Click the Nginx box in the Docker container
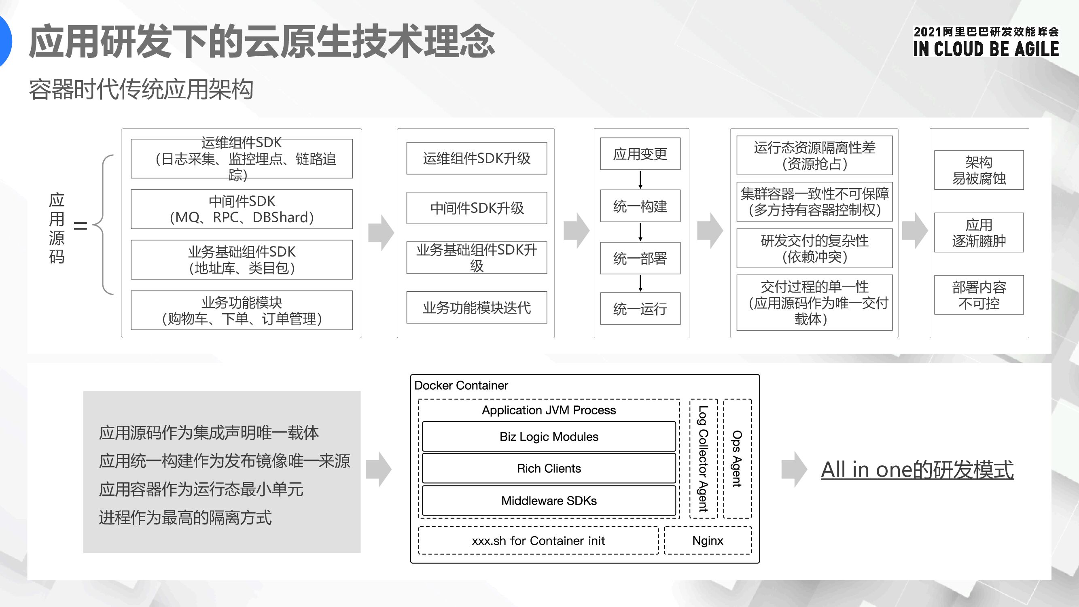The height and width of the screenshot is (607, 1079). click(x=708, y=540)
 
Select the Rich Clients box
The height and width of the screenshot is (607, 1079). click(x=549, y=468)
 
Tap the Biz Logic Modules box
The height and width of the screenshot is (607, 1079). click(x=549, y=437)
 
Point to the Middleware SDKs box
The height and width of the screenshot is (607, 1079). click(x=549, y=501)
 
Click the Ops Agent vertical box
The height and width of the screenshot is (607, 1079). click(x=737, y=459)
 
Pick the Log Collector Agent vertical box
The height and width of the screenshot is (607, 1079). click(x=704, y=459)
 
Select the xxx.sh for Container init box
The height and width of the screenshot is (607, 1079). click(x=538, y=540)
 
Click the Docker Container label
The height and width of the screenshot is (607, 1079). click(x=461, y=385)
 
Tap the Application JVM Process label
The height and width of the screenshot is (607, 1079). click(x=549, y=410)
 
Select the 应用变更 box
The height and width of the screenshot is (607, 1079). click(x=640, y=154)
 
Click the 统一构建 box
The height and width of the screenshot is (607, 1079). click(x=640, y=206)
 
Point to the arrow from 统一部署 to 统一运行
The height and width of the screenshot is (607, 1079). click(x=640, y=284)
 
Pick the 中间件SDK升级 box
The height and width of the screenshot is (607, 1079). click(x=477, y=208)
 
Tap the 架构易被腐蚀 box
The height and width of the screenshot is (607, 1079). click(x=979, y=170)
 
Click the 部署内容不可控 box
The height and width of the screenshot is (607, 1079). click(x=979, y=295)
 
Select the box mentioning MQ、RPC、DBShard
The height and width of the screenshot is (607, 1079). click(x=242, y=210)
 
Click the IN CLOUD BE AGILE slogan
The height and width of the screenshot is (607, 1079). click(x=986, y=49)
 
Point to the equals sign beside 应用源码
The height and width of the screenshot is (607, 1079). click(x=81, y=226)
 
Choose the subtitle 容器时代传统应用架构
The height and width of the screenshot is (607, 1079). click(x=141, y=89)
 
